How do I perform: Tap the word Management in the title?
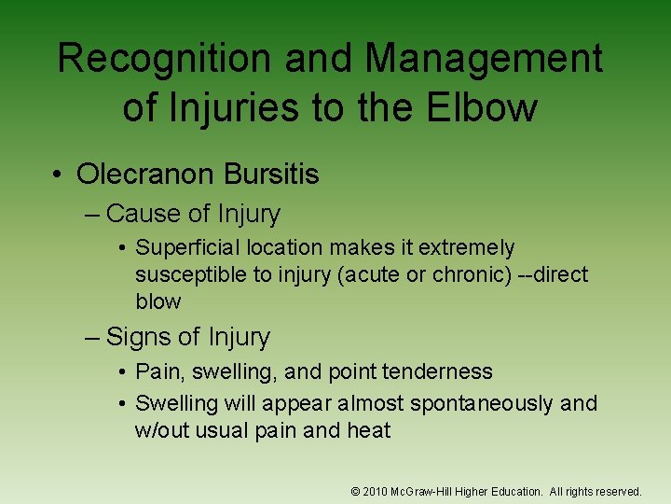coord(484,60)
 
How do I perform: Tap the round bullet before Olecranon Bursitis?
coord(59,175)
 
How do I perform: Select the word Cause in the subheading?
coord(144,214)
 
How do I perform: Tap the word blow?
coord(157,302)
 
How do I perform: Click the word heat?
coord(370,430)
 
